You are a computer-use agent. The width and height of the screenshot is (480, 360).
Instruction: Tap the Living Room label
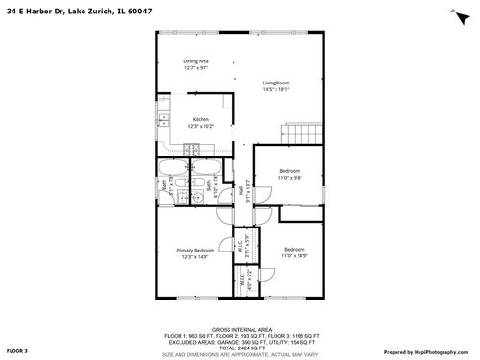pyautogui.click(x=276, y=83)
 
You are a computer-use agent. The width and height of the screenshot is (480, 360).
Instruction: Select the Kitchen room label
pyautogui.click(x=201, y=119)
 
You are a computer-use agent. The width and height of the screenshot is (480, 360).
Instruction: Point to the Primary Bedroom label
pyautogui.click(x=195, y=250)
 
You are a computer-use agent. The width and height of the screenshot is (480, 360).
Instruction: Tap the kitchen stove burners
pyautogui.click(x=193, y=150)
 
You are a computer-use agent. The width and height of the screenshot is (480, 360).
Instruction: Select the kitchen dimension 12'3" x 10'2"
pyautogui.click(x=201, y=126)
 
